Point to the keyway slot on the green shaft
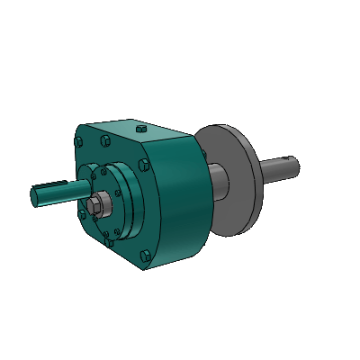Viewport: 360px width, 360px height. tap(54, 186)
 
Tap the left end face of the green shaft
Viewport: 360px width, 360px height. tap(35, 195)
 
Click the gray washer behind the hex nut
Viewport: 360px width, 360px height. tap(103, 204)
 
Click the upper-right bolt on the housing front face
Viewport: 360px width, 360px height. tap(143, 165)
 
